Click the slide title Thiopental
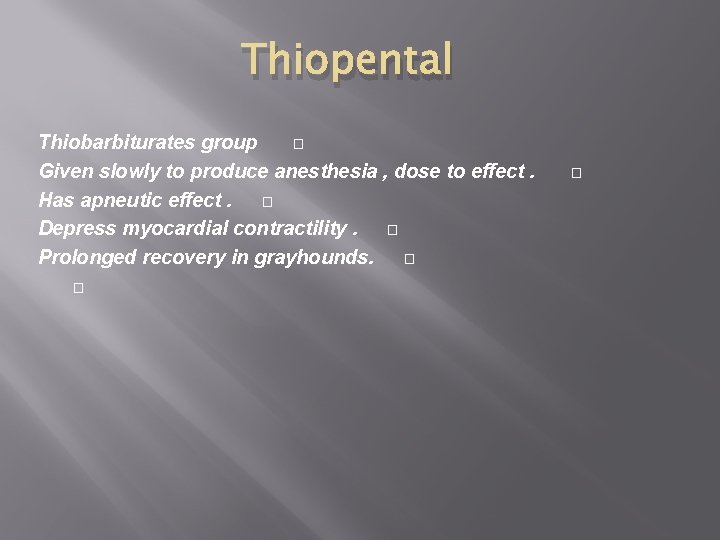tap(346, 60)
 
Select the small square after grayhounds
tap(409, 259)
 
